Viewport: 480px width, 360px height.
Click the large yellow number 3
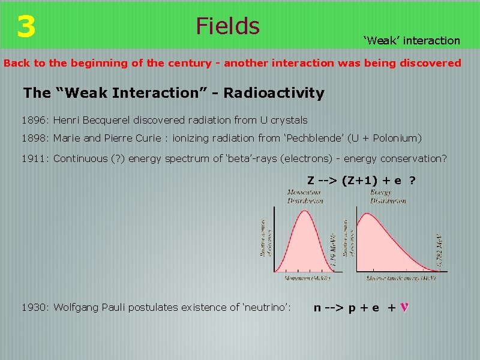point(26,26)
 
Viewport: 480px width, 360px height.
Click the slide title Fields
point(227,26)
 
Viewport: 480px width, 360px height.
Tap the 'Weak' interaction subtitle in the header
point(412,41)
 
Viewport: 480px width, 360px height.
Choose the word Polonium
point(395,138)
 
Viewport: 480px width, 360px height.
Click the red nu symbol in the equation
point(405,308)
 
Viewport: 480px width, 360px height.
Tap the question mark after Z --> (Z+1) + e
point(412,181)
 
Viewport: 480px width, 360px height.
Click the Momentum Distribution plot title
point(305,196)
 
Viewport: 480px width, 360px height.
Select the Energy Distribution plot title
point(388,196)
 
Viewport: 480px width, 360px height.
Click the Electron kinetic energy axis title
point(401,278)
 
